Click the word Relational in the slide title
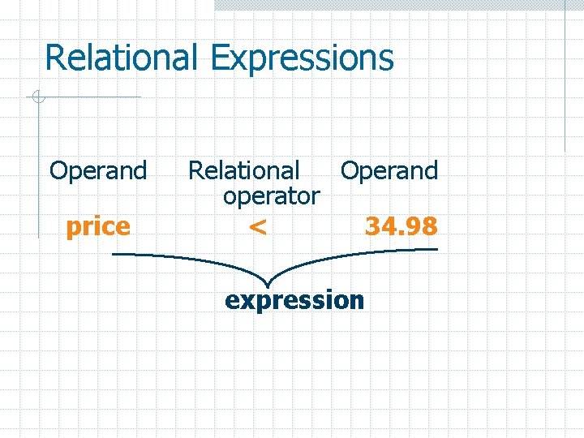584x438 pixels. [x=121, y=58]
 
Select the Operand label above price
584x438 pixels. [x=98, y=171]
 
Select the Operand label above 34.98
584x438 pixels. [x=389, y=171]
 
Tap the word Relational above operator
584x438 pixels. [x=244, y=171]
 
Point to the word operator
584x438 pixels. [x=272, y=196]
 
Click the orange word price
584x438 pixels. [x=98, y=226]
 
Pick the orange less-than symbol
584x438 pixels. [x=257, y=228]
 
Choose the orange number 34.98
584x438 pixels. [x=401, y=225]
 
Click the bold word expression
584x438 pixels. [x=294, y=300]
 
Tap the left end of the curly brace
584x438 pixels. [x=114, y=255]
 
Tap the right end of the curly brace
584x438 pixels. [x=436, y=251]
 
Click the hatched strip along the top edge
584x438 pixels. [x=397, y=5]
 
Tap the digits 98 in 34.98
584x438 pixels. [x=423, y=225]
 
